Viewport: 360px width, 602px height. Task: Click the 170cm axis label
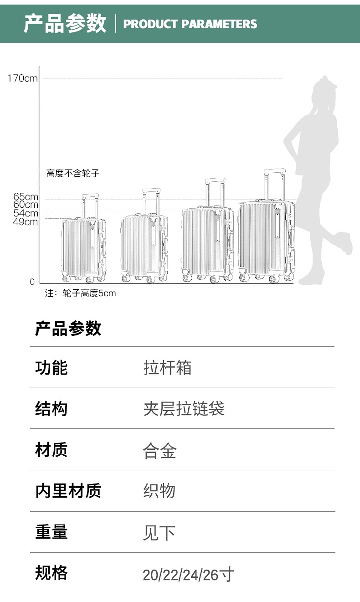pos(22,78)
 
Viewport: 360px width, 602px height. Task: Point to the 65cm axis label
pos(26,197)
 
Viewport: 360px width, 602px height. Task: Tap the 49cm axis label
pos(26,222)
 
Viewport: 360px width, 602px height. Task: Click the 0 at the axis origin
pos(32,282)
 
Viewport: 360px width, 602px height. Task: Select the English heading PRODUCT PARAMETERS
pos(190,24)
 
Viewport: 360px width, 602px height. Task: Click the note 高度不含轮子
pos(72,173)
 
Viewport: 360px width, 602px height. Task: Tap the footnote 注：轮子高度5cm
pos(80,293)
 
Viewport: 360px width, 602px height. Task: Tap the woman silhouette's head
pos(325,93)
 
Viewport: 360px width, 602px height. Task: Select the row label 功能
pos(51,367)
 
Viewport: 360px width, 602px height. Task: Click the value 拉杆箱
pos(167,368)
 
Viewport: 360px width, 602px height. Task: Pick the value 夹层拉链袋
pos(184,409)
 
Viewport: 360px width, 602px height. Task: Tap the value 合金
pos(159,450)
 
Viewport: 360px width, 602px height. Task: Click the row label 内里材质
pos(68,491)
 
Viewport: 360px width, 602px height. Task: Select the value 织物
pos(159,491)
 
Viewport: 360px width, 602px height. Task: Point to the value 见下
pos(159,533)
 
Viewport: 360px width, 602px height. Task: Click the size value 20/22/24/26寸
pos(188,575)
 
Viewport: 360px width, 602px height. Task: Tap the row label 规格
pos(51,573)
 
